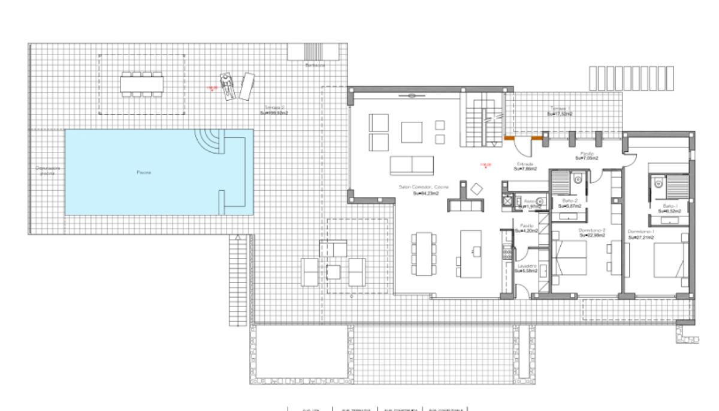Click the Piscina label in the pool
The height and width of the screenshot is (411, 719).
coord(142,172)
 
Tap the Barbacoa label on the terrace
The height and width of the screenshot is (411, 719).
coord(315,65)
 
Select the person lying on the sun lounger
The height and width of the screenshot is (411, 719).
coord(226,86)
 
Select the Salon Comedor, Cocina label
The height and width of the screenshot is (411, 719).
coord(421,187)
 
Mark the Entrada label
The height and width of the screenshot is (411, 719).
coord(525,163)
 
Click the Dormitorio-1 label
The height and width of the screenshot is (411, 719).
coord(641,232)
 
